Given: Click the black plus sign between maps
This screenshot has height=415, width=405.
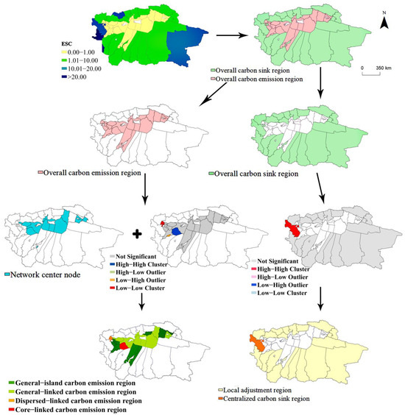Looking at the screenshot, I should click(135, 235).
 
